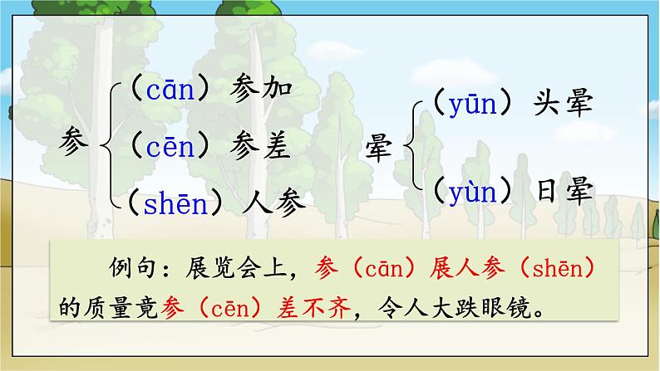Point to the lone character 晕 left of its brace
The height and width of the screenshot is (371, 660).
click(383, 150)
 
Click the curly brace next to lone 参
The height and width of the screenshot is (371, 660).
click(111, 146)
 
